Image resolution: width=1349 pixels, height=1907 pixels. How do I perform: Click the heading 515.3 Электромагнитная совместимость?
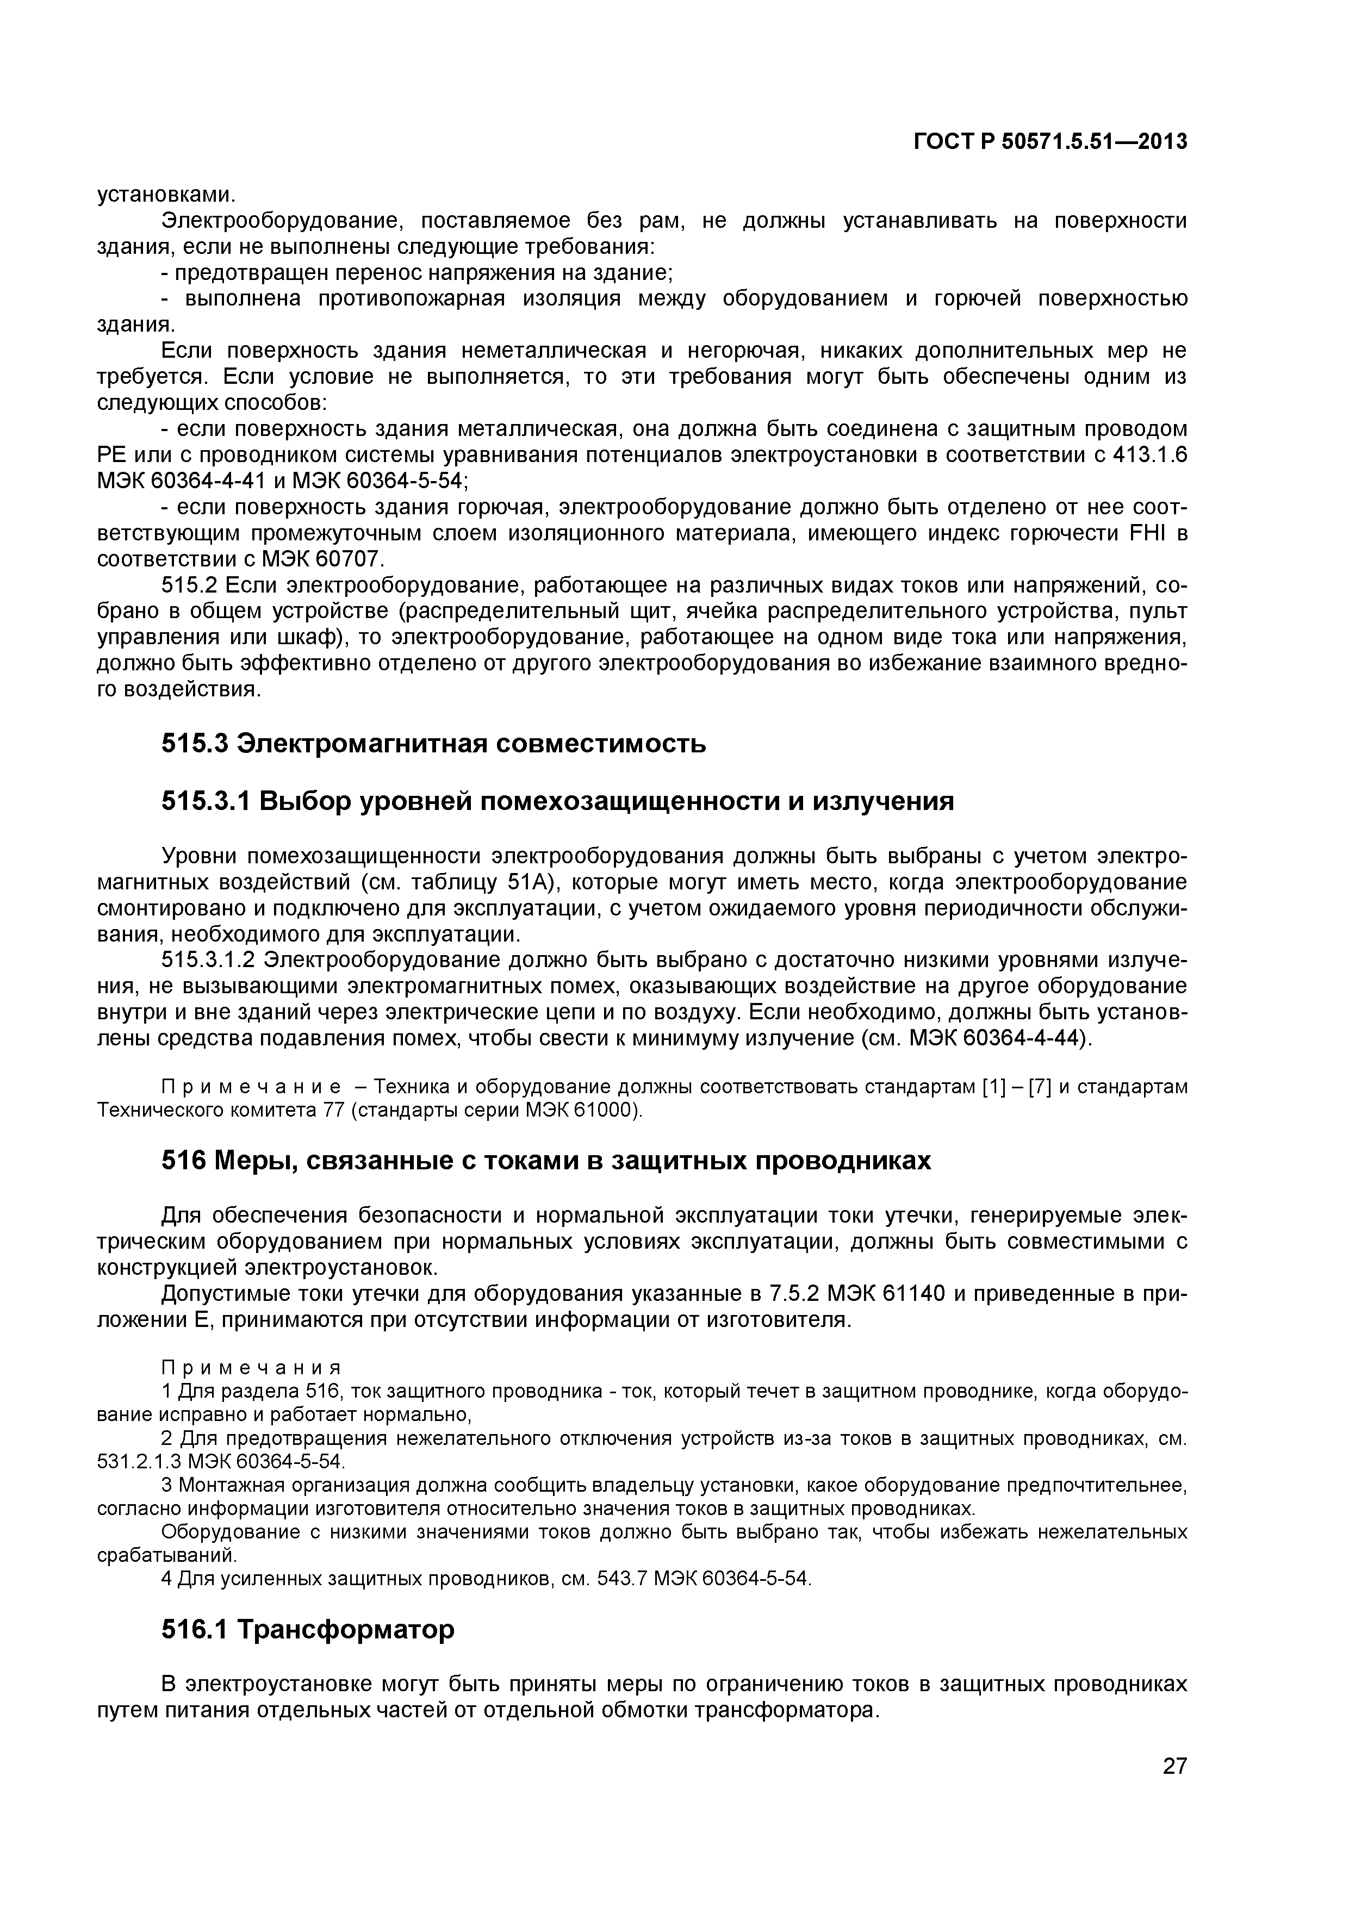433,743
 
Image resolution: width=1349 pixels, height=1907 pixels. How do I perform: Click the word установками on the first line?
167,195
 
